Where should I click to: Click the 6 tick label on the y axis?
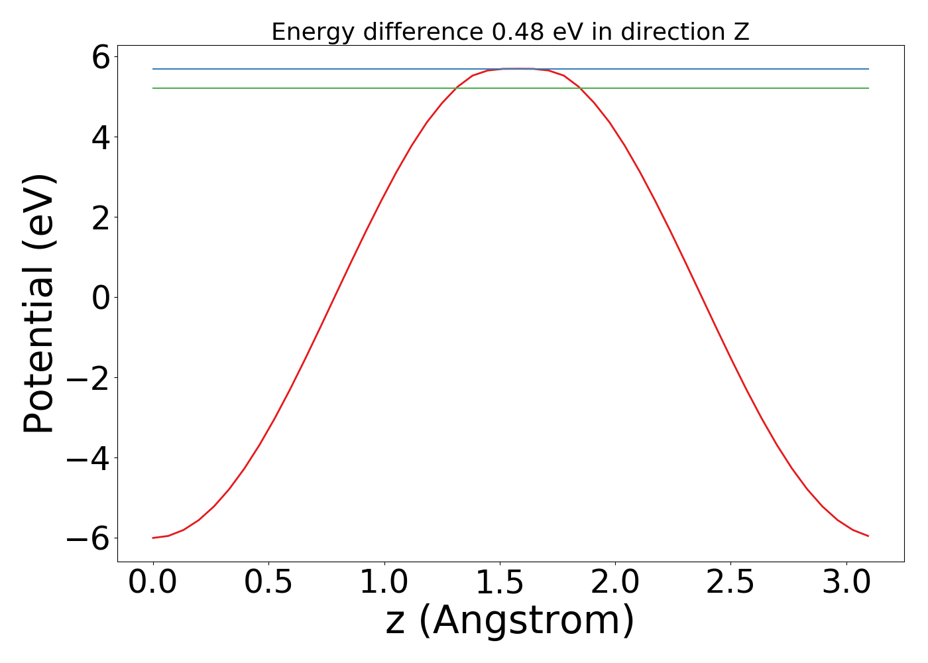[101, 57]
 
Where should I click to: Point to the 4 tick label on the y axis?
[101, 137]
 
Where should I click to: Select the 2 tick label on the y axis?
[101, 217]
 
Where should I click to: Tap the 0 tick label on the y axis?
[101, 298]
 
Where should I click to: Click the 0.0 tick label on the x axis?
[152, 583]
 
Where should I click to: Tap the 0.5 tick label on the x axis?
[268, 583]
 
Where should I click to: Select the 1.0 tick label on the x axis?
[384, 583]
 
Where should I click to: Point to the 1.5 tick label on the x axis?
[499, 583]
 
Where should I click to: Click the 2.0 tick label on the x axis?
[615, 583]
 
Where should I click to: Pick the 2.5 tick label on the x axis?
[730, 583]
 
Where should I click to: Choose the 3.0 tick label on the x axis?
[846, 583]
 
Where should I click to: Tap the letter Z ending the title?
[742, 32]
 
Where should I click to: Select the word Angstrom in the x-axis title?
[526, 621]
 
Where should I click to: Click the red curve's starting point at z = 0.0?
[153, 538]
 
